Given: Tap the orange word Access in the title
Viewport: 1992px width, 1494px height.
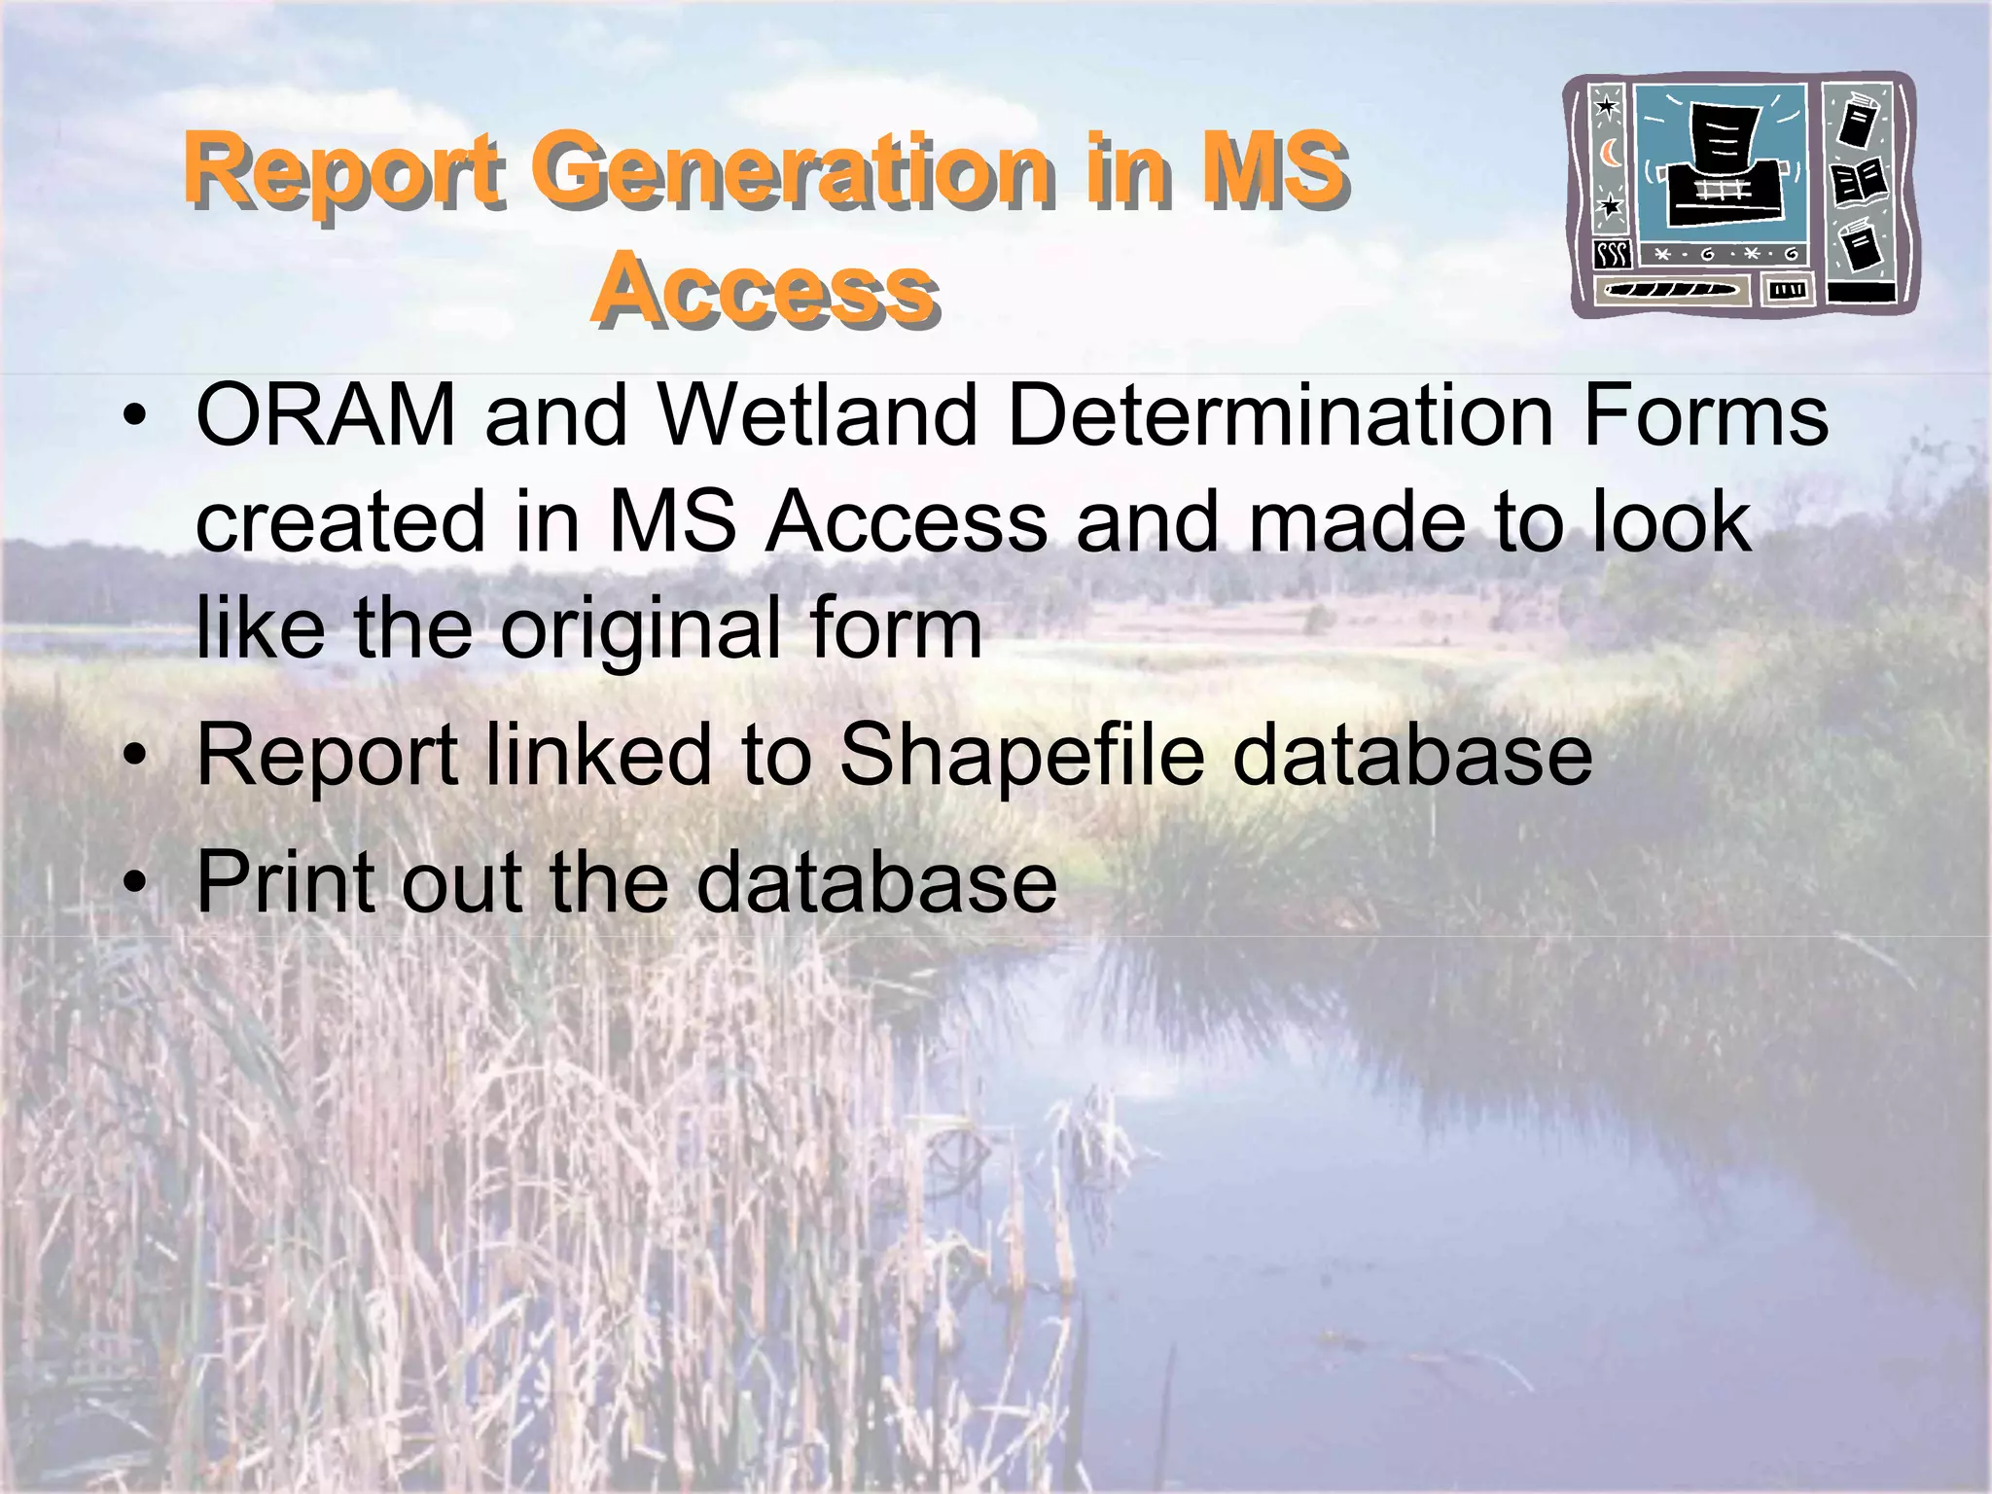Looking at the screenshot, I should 765,289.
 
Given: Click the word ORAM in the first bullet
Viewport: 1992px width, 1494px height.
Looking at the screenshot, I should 326,416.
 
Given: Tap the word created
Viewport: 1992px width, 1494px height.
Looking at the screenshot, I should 339,522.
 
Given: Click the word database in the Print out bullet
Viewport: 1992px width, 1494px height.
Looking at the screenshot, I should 876,882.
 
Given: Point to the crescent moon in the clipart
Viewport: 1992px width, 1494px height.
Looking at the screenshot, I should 1611,153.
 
